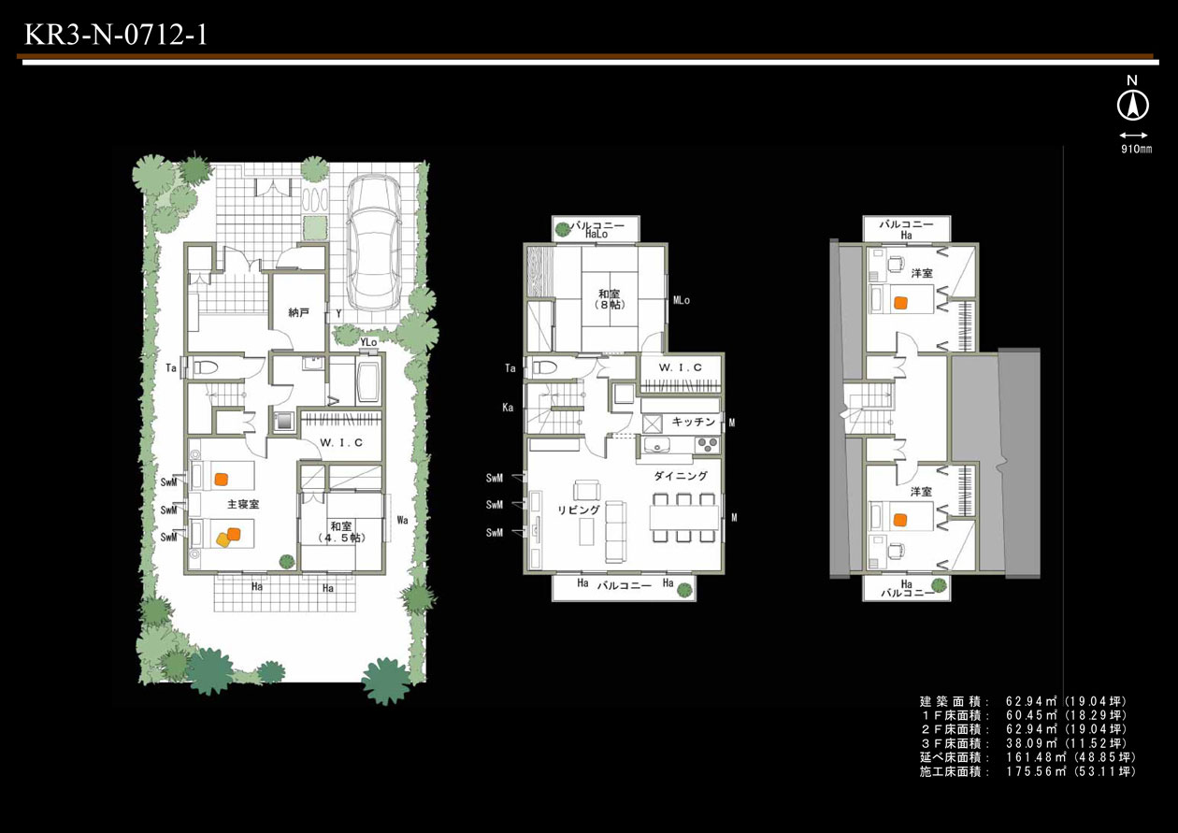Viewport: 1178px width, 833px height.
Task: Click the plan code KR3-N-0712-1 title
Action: click(116, 35)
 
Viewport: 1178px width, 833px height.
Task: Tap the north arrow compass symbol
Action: click(1133, 105)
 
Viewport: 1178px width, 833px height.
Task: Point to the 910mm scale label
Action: click(1137, 149)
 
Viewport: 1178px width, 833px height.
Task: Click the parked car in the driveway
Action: click(374, 243)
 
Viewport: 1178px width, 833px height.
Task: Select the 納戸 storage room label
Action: click(299, 313)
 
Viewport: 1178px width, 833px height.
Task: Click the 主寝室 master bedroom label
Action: click(243, 504)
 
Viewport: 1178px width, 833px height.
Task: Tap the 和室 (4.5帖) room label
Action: click(341, 532)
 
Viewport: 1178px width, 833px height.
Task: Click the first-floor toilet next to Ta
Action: click(204, 367)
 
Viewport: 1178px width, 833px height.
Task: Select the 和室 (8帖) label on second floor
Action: click(609, 299)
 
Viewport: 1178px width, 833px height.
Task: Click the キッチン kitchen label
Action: click(694, 422)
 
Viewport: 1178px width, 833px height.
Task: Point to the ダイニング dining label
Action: click(681, 476)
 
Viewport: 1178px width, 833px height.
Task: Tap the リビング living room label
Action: click(579, 510)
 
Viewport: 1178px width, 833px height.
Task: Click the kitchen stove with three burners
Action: click(706, 445)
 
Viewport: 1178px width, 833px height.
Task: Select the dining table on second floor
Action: click(683, 518)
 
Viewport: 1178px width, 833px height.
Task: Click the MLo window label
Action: click(681, 300)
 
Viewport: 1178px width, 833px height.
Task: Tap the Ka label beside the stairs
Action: click(508, 408)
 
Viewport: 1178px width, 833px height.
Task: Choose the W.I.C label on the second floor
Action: click(680, 367)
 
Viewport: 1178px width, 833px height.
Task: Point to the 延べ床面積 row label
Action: click(955, 758)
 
